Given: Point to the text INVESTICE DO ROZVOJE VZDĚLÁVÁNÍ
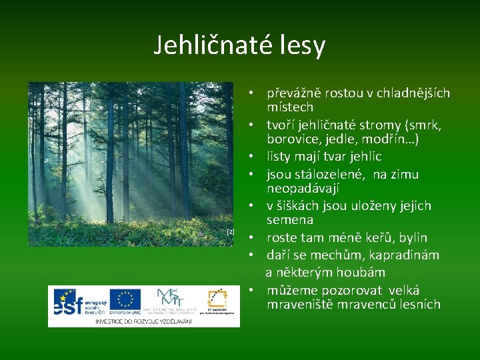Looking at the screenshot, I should tap(143, 321).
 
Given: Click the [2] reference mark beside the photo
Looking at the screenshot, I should tap(231, 231).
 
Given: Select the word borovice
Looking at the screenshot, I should tap(292, 139).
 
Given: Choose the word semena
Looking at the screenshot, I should tap(290, 219).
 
